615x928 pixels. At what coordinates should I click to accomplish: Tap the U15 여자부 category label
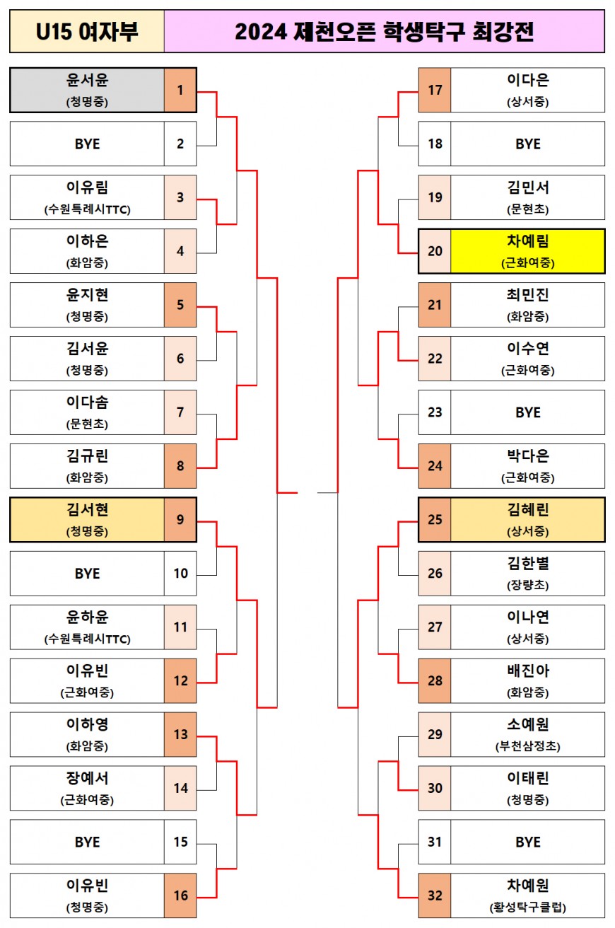click(87, 32)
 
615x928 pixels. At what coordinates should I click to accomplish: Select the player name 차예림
click(527, 242)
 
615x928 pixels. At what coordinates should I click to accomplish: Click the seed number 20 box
click(435, 251)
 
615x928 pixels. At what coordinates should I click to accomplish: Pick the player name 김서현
click(87, 510)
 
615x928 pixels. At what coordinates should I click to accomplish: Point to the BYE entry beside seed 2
click(87, 144)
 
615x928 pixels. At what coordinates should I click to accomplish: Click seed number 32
click(435, 895)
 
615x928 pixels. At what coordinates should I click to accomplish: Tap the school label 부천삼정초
click(527, 747)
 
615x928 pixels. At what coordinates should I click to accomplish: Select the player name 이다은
click(527, 81)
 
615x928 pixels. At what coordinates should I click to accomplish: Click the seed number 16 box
click(180, 895)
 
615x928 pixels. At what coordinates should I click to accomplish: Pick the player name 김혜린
click(527, 510)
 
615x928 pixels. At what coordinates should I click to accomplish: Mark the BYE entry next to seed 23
click(527, 412)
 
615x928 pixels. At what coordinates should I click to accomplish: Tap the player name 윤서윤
click(87, 81)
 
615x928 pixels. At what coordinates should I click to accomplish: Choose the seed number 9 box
click(180, 520)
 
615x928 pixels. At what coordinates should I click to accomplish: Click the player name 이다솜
click(87, 402)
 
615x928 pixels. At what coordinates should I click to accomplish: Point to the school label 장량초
click(527, 586)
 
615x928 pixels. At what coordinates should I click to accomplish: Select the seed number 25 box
click(435, 520)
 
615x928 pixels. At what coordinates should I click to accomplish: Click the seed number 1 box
click(180, 90)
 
